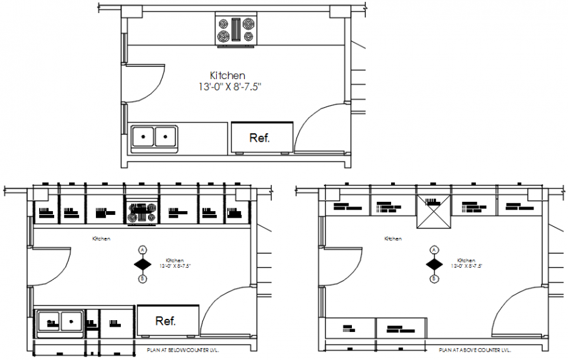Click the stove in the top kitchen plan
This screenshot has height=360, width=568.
[x=236, y=30]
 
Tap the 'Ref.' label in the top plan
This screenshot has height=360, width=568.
[x=260, y=138]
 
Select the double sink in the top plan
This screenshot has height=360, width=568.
[x=155, y=137]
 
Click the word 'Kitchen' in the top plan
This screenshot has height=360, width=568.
[x=227, y=75]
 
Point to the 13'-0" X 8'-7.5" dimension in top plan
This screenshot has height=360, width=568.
[x=234, y=86]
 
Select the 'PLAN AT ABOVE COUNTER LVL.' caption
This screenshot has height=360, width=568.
[x=475, y=351]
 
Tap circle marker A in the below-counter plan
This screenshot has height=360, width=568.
[x=142, y=250]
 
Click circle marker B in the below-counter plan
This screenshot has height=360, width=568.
[x=142, y=279]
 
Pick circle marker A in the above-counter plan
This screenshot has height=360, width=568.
[x=434, y=250]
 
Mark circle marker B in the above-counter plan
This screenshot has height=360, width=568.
[x=434, y=279]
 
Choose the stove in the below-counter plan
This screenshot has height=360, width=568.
[x=142, y=211]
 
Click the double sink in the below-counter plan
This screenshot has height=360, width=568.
[x=59, y=321]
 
